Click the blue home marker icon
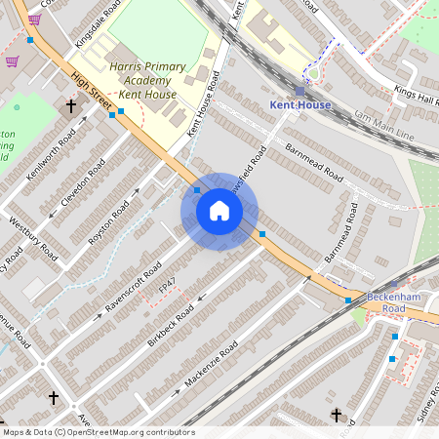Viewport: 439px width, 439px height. click(219, 211)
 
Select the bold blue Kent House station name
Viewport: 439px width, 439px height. click(299, 104)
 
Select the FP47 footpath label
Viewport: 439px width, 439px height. click(167, 284)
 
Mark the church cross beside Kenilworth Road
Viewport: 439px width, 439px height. click(70, 105)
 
